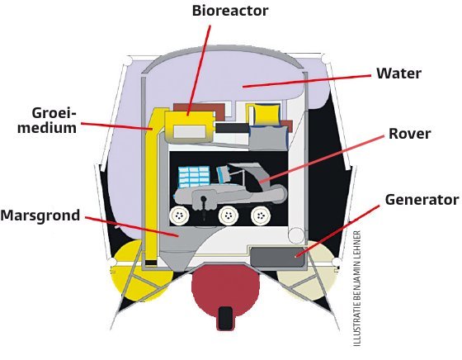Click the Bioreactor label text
coord(230,11)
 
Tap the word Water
coord(399,73)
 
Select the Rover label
coord(409,134)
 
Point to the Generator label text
coord(422,200)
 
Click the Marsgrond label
coord(40,216)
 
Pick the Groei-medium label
coord(47,121)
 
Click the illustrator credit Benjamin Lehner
coord(356,288)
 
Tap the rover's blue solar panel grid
coord(195,177)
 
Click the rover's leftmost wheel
coord(180,216)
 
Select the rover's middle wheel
coord(228,216)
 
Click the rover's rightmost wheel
coord(261,216)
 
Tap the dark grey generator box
coord(277,257)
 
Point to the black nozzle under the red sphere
coord(226,319)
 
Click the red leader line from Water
coord(307,81)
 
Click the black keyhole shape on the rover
coord(204,203)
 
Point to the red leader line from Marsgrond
coord(132,227)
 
